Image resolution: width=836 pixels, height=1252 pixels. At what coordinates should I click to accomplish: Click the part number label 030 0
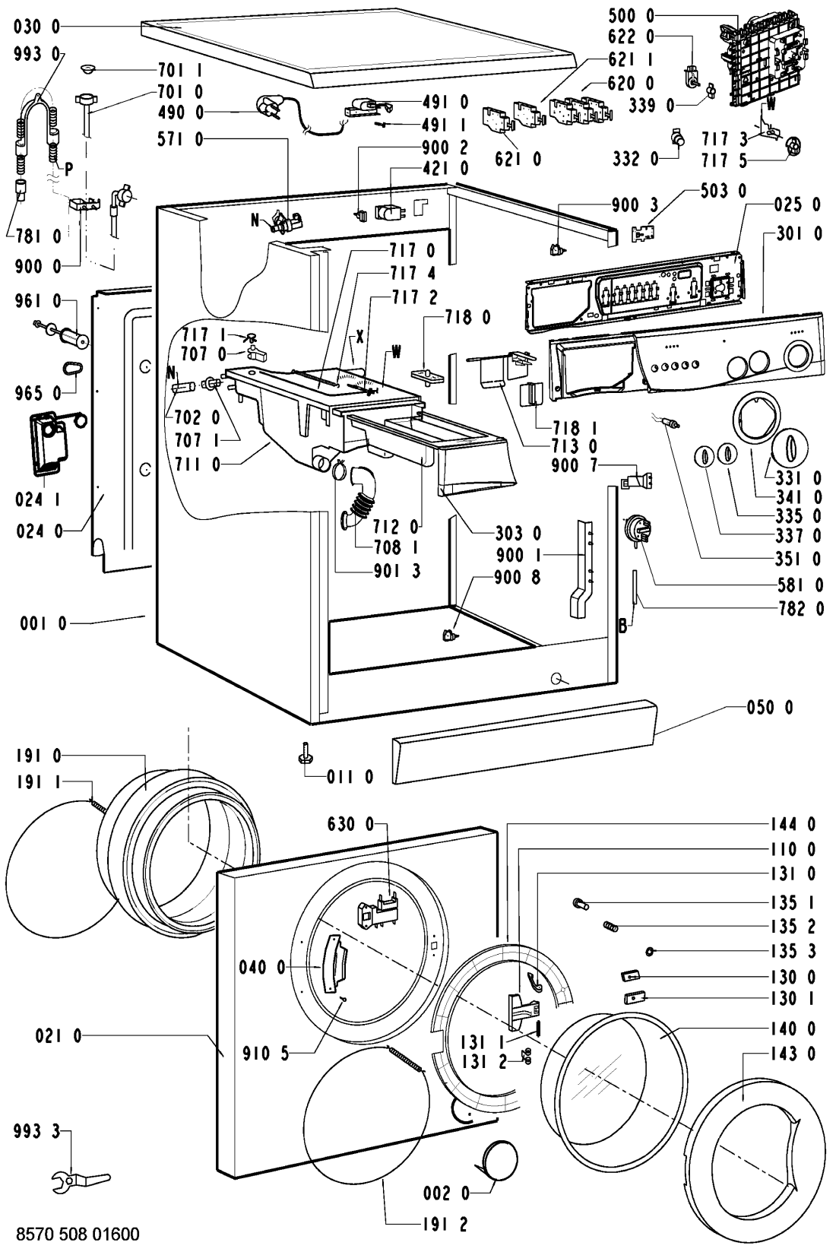(x=37, y=27)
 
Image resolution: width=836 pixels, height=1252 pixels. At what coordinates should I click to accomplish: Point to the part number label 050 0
(x=770, y=708)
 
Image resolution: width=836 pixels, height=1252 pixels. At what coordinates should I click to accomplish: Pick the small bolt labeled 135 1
(x=580, y=904)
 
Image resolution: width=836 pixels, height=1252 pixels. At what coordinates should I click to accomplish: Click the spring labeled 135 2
(x=611, y=927)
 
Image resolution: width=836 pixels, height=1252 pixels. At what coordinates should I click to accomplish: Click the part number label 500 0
(x=631, y=16)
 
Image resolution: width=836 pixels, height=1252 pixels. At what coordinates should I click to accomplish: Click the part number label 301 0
(x=799, y=233)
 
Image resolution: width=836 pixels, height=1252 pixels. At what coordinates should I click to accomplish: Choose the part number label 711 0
(x=198, y=464)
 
